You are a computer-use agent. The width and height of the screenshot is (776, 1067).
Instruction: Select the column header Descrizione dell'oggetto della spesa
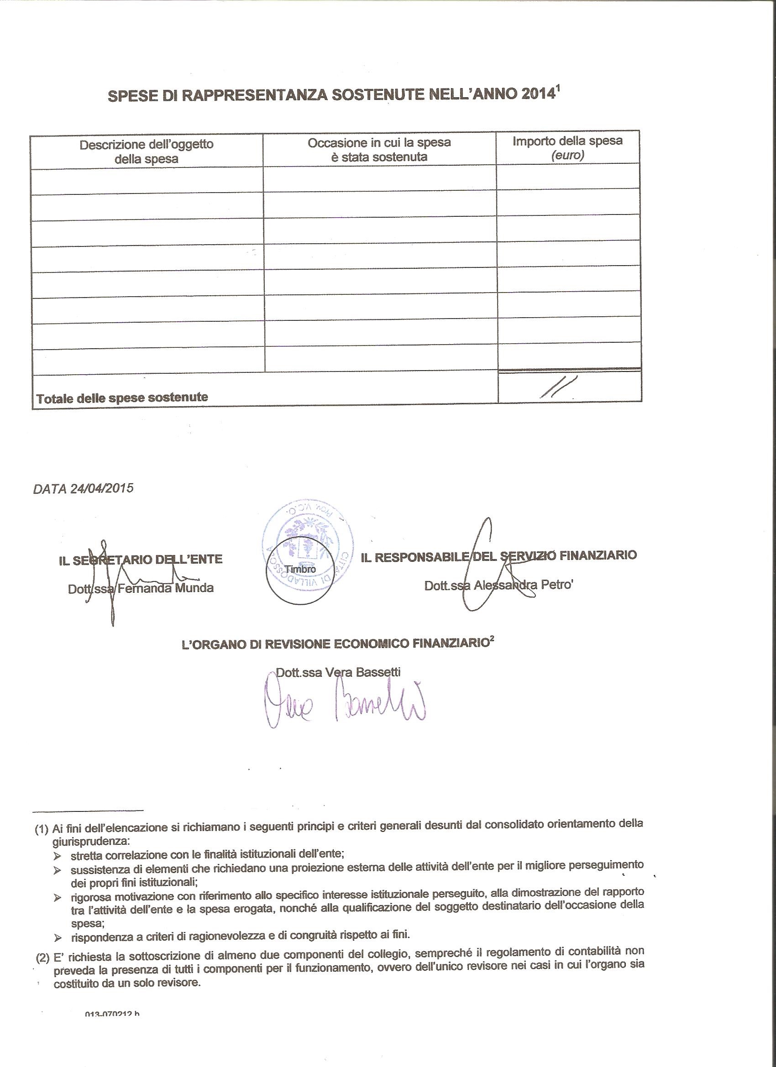(x=147, y=152)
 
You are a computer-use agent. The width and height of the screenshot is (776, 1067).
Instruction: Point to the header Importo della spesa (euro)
(x=567, y=148)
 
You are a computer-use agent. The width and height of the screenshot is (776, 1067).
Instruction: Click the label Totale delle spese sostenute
(x=122, y=398)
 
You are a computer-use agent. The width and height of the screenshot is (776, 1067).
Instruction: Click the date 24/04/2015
(x=102, y=488)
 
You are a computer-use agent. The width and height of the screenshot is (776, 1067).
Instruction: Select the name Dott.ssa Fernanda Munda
(x=141, y=588)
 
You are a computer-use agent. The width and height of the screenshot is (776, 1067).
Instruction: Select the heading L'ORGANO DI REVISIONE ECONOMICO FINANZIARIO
(x=334, y=644)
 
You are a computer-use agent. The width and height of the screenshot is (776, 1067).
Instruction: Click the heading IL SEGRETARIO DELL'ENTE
(x=140, y=560)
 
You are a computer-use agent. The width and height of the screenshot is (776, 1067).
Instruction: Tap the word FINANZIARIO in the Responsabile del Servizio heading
(x=598, y=555)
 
